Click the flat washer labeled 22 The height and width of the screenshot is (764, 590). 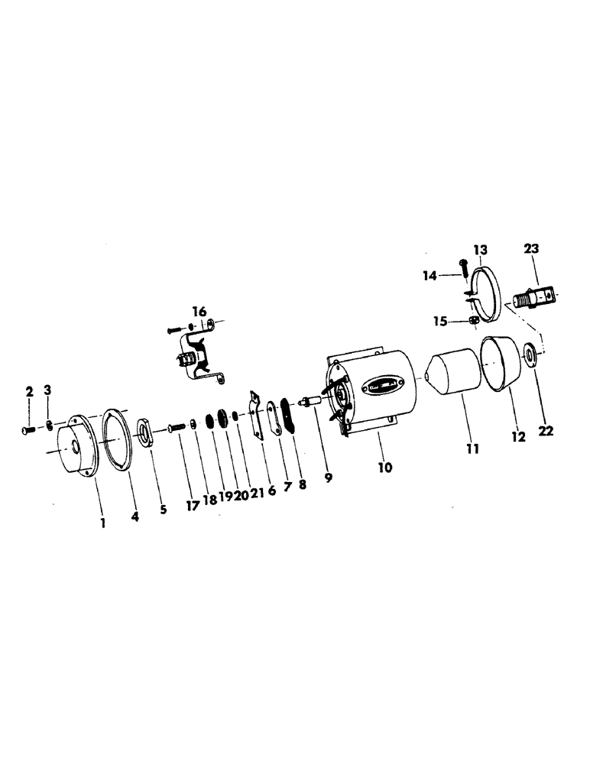click(528, 355)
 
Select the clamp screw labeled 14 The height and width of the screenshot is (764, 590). click(464, 267)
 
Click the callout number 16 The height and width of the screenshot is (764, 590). click(199, 311)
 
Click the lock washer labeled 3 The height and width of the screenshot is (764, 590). click(48, 425)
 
